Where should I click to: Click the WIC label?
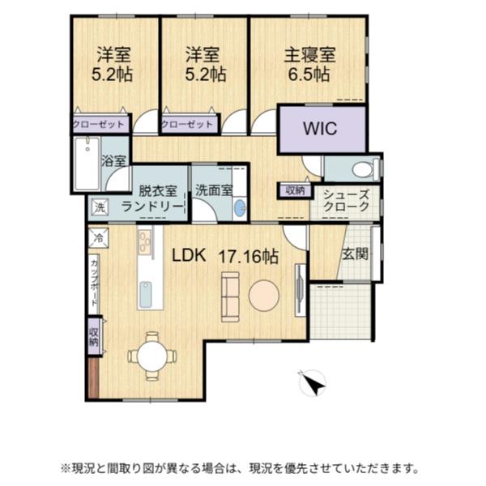pyautogui.click(x=320, y=129)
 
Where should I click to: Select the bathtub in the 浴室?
pyautogui.click(x=87, y=164)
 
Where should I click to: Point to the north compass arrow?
pyautogui.click(x=313, y=383)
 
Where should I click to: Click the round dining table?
pyautogui.click(x=152, y=356)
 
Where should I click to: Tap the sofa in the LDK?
pyautogui.click(x=230, y=297)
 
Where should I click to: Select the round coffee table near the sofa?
pyautogui.click(x=264, y=296)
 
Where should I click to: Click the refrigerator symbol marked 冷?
pyautogui.click(x=99, y=238)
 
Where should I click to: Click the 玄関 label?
pyautogui.click(x=356, y=254)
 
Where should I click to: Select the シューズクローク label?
pyautogui.click(x=346, y=200)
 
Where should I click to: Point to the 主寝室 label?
pyautogui.click(x=310, y=55)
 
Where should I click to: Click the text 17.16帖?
pyautogui.click(x=249, y=257)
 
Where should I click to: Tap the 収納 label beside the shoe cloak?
pyautogui.click(x=295, y=190)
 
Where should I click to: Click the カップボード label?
pyautogui.click(x=94, y=283)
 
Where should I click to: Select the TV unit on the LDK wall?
pyautogui.click(x=301, y=290)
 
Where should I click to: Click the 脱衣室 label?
pyautogui.click(x=157, y=190)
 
